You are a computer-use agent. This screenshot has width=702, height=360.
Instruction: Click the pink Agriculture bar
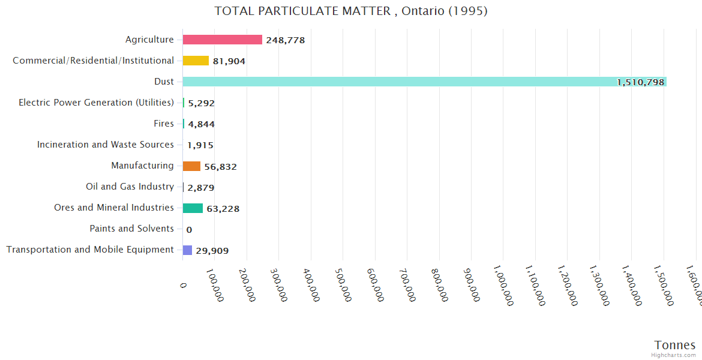(222, 40)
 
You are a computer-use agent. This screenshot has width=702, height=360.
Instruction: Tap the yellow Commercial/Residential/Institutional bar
(196, 61)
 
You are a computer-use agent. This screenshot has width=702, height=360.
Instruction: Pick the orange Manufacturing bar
(191, 166)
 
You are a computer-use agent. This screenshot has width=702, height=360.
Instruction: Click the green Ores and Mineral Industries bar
(193, 208)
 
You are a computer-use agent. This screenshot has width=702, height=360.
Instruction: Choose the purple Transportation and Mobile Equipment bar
(187, 250)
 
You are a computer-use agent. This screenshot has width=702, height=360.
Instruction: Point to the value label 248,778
(286, 40)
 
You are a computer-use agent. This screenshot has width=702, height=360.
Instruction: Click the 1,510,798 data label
(641, 82)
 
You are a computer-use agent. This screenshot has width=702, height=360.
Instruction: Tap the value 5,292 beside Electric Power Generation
(202, 103)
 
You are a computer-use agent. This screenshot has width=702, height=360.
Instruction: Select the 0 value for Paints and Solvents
(189, 229)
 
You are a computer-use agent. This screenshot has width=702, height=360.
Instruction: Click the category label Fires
(164, 124)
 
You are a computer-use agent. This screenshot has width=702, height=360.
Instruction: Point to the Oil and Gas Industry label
(130, 187)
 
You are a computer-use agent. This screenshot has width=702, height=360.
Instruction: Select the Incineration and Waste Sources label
(106, 145)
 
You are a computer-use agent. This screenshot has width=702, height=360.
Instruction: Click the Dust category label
(164, 82)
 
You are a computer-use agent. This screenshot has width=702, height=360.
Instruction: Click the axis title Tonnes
(675, 345)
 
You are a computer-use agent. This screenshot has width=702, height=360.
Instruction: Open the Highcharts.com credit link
(674, 355)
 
